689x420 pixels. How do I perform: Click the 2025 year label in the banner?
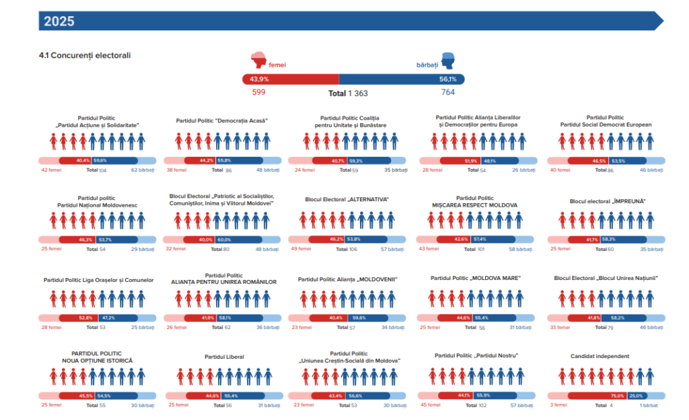click(59, 21)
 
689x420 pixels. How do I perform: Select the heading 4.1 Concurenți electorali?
click(85, 55)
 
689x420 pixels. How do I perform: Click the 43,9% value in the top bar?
click(259, 79)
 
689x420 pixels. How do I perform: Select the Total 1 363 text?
click(348, 93)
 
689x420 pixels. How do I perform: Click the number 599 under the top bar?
click(260, 92)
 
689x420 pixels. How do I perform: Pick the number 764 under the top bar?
click(449, 92)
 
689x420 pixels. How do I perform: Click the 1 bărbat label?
click(650, 405)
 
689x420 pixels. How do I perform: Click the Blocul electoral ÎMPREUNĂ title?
click(607, 201)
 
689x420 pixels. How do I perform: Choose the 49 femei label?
click(301, 248)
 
